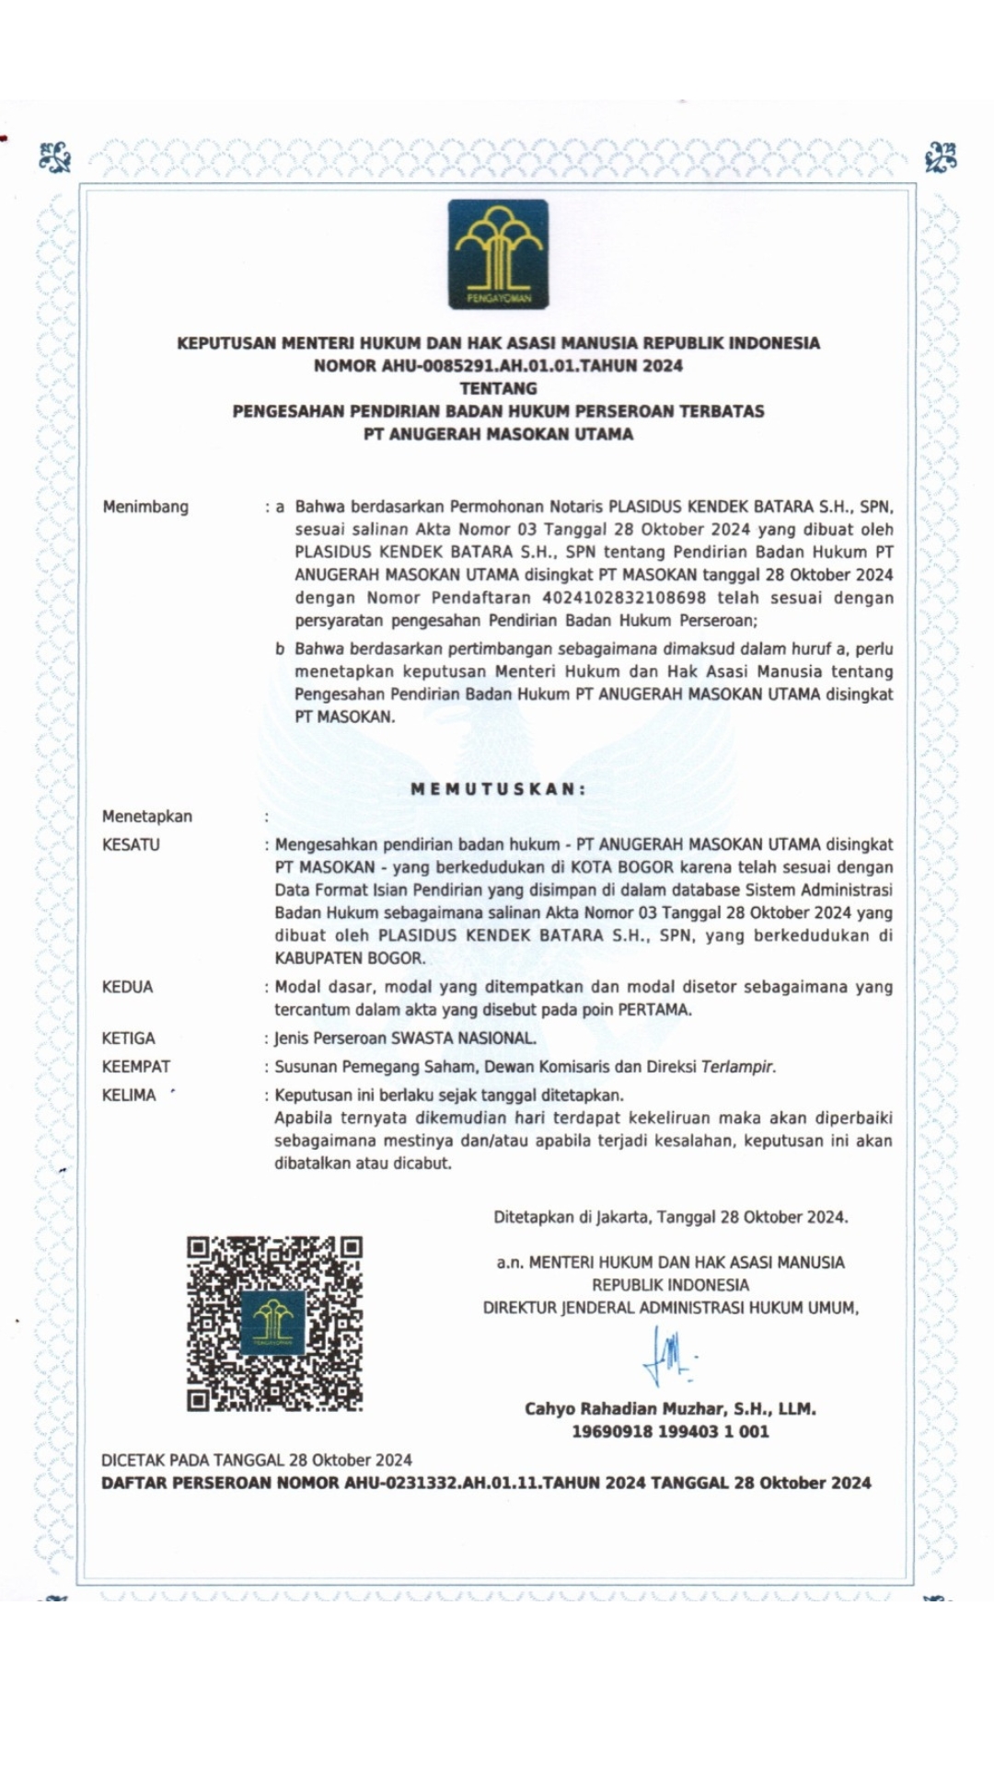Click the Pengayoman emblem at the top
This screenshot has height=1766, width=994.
pos(498,254)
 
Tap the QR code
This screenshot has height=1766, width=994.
pos(274,1324)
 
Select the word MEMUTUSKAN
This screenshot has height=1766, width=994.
pos(498,788)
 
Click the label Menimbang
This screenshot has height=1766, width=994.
pos(145,507)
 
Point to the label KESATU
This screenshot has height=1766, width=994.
pos(131,844)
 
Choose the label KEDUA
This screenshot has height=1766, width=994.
pos(127,987)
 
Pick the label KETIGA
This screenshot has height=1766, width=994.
pos(128,1038)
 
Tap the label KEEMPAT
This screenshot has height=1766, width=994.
pos(135,1067)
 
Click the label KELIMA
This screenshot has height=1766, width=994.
pos(129,1095)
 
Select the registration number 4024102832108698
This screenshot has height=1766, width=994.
pos(624,598)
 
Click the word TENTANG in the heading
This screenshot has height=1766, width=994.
pos(498,388)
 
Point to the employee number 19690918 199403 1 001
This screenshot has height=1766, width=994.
pos(670,1431)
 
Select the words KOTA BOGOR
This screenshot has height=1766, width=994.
pos(622,867)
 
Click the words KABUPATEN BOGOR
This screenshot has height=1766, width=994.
pos(349,958)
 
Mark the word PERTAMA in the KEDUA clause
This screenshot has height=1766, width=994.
pos(653,1010)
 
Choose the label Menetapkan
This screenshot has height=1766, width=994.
pos(147,817)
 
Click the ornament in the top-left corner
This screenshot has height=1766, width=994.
pos(55,157)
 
